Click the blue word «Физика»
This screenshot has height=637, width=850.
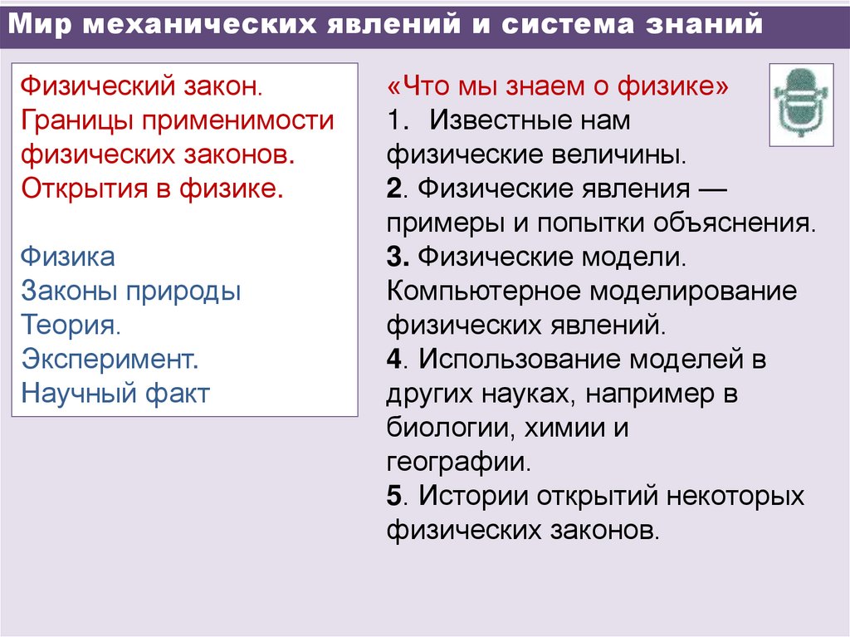[x=68, y=257]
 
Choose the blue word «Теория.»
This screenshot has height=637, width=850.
[x=71, y=325]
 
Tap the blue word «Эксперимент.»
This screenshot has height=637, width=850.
[x=110, y=360]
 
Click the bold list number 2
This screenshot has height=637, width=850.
[x=393, y=189]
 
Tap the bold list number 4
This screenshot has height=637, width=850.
[x=393, y=360]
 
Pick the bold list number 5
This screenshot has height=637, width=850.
[x=393, y=496]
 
